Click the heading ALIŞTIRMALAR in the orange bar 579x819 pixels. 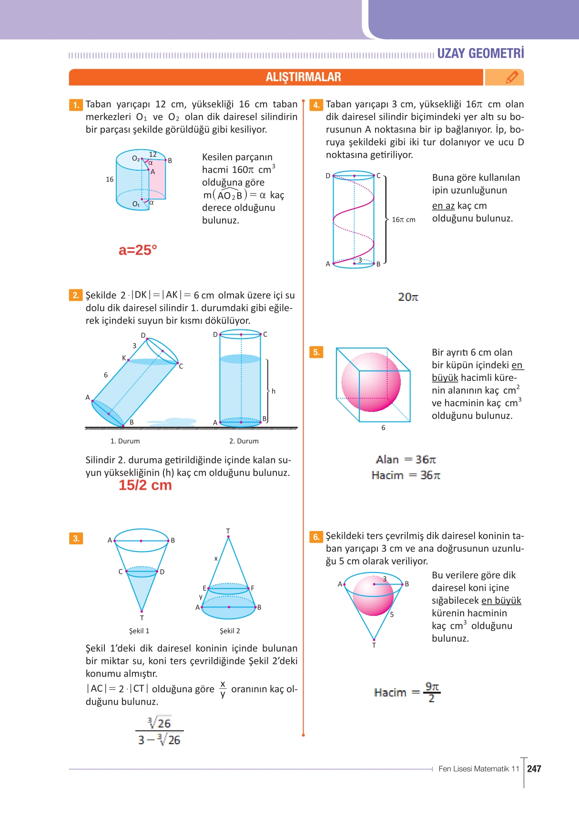point(303,77)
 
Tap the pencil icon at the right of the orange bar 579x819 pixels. point(512,77)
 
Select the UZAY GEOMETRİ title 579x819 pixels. point(480,53)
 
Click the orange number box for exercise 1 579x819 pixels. point(76,104)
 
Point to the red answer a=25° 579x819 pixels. point(138,250)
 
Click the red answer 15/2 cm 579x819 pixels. point(145,485)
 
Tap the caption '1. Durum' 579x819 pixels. point(125,441)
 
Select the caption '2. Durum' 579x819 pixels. point(244,441)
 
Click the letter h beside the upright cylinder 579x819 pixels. point(274,391)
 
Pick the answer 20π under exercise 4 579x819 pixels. point(408,297)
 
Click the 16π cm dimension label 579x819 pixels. point(403,220)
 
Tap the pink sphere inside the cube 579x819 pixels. point(371,382)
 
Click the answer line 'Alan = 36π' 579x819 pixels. point(406,460)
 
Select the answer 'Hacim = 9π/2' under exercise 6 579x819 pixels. point(407,692)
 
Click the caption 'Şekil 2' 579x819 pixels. point(230,631)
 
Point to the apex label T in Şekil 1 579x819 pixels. point(142,618)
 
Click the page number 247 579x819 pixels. point(534,768)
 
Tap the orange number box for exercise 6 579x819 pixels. point(316,537)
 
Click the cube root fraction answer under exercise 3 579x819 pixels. point(160,731)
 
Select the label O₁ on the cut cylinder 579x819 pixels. point(136,204)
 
